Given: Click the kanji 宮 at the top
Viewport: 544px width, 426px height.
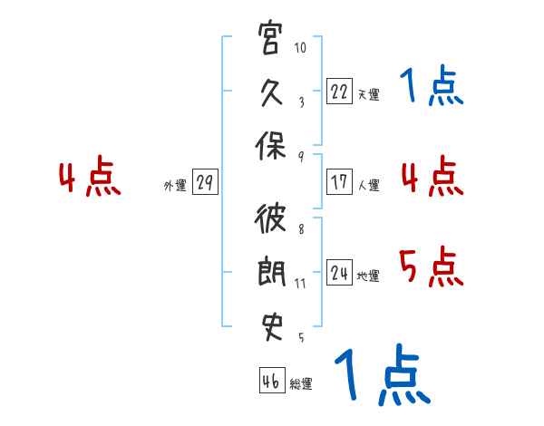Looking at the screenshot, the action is point(269,37).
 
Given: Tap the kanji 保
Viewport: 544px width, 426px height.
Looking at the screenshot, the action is point(270,146).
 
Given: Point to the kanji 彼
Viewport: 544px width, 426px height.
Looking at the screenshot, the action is point(270,218).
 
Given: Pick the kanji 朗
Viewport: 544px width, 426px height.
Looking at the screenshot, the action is point(271,271).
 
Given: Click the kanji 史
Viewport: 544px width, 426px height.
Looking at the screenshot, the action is point(271,327).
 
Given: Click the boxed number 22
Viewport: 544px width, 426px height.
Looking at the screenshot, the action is point(339,91).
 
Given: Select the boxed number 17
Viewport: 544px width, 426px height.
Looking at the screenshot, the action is point(339,181).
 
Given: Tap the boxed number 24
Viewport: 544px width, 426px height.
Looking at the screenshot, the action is point(339,272).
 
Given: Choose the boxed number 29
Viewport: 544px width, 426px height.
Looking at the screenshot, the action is point(205,181).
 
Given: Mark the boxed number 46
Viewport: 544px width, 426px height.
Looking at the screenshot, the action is point(272,380).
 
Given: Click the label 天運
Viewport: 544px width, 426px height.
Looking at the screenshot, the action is point(368,94).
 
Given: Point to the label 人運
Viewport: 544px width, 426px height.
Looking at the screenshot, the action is point(368,185).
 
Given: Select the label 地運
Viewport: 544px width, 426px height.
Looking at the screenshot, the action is point(368,276).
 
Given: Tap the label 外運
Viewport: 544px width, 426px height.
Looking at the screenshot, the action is point(175,185).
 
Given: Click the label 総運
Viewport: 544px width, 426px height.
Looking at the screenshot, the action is point(301,383).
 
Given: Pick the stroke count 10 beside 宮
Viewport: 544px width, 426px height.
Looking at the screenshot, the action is point(300,47).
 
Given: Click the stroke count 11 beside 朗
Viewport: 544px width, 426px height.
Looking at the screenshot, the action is point(300,284).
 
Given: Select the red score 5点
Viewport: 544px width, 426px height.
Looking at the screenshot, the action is point(432,266).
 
